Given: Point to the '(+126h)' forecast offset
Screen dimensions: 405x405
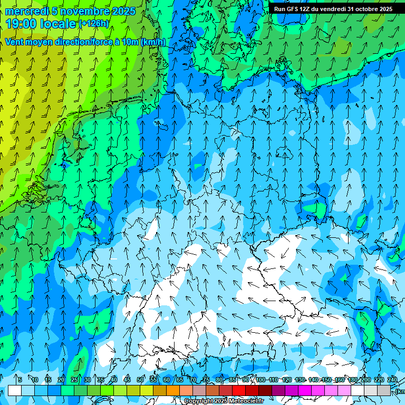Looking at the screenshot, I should (x=94, y=23).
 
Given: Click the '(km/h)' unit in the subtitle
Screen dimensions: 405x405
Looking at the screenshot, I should (x=153, y=42).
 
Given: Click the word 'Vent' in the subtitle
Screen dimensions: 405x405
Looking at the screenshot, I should (x=15, y=42).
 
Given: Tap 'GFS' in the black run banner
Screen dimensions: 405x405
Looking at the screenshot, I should (x=291, y=9).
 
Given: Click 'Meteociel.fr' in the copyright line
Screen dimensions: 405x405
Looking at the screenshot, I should (x=244, y=401).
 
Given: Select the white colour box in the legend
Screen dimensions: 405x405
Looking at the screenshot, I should (x=14, y=390).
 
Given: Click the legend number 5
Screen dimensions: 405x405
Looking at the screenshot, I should (x=20, y=380).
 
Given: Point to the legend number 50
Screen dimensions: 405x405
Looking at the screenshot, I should (x=140, y=380).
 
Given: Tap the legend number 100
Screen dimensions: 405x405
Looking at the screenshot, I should (x=261, y=380).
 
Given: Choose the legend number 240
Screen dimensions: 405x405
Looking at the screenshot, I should (x=392, y=380).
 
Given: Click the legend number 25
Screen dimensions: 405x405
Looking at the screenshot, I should (x=74, y=380).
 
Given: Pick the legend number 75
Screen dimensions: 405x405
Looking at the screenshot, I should (x=206, y=380).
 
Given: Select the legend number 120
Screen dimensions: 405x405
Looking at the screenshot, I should (x=287, y=380).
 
